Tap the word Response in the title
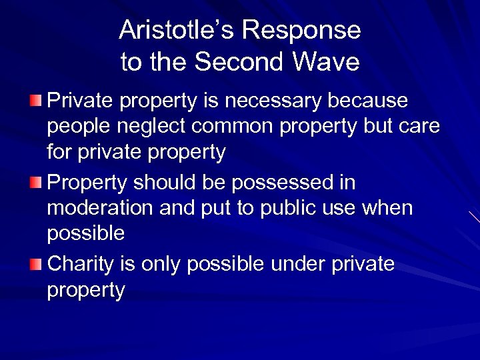point(301,31)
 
